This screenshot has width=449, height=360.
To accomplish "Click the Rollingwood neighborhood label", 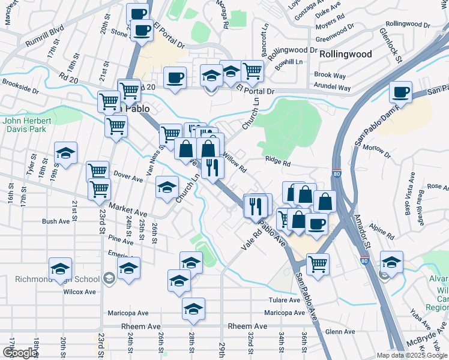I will tap(345, 54).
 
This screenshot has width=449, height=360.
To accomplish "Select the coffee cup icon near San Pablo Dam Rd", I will tap(400, 92).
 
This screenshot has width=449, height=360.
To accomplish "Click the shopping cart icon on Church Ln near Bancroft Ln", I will tap(252, 71).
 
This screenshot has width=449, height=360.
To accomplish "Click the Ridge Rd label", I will tap(277, 163).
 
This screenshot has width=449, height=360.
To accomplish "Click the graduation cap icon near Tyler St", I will tap(65, 153).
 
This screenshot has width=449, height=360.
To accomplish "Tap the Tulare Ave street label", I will tap(285, 300).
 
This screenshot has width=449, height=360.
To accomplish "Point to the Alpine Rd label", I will tap(381, 229).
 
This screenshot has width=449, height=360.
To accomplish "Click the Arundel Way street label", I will tap(332, 88).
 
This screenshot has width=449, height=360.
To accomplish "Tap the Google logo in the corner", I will tap(19, 353).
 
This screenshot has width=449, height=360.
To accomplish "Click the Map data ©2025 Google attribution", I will tap(412, 355).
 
